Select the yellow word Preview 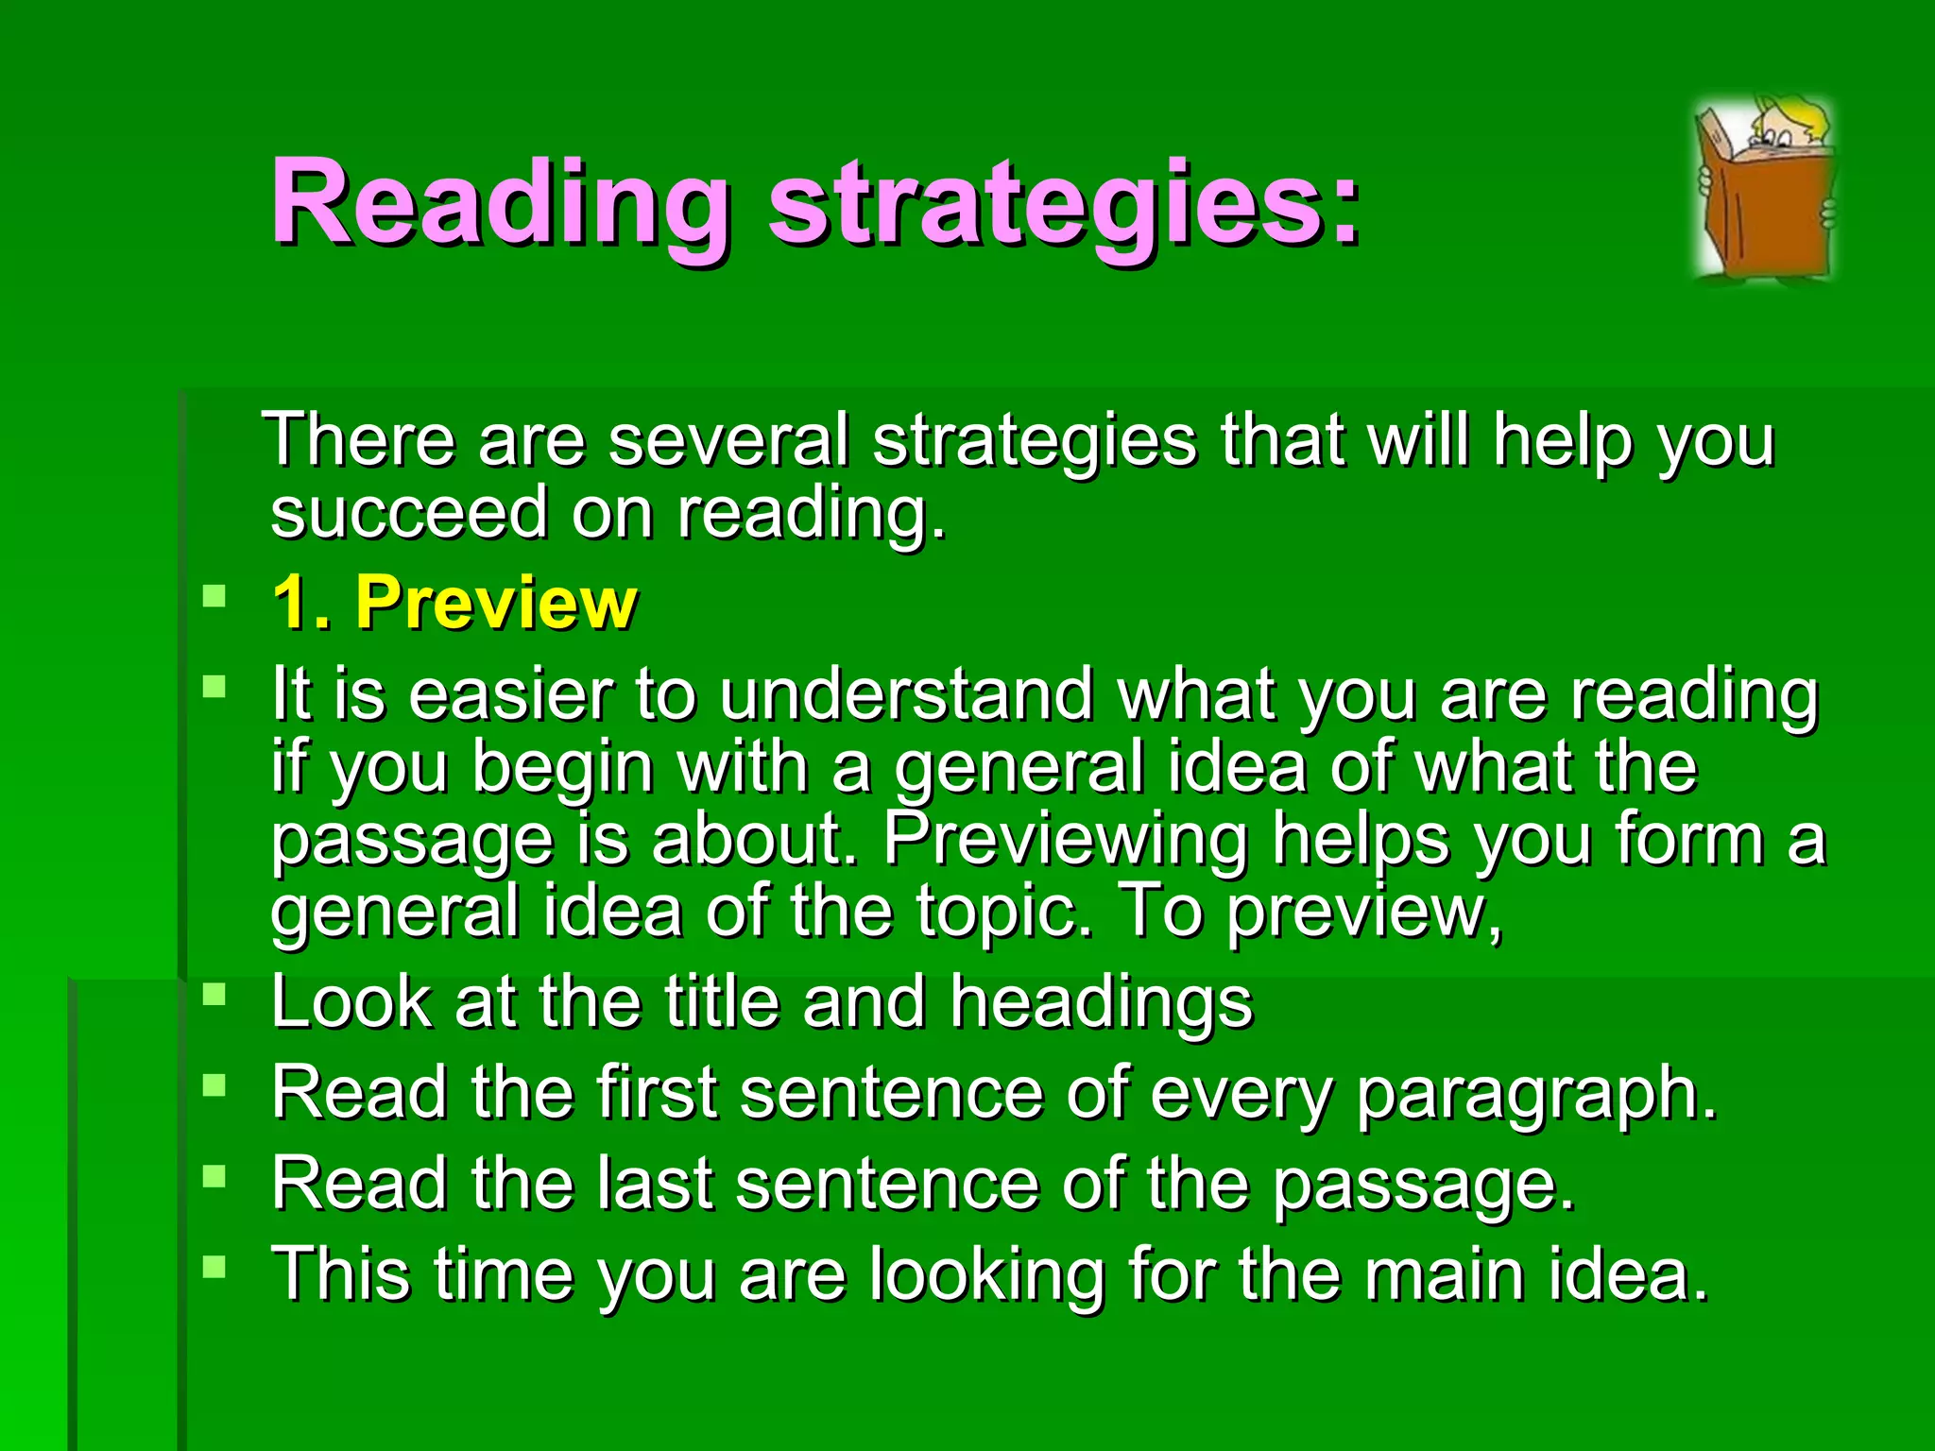pos(497,603)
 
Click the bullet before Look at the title pos(215,994)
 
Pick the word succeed pos(409,513)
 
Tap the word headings pos(1101,1001)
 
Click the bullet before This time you pos(215,1267)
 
